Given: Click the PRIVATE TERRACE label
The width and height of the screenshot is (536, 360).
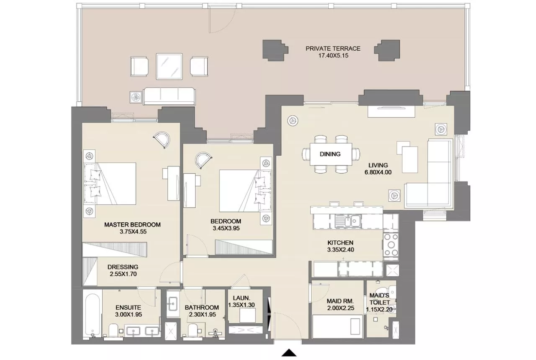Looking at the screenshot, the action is (333, 48).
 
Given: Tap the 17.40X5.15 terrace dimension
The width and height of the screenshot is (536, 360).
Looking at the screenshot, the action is (333, 56).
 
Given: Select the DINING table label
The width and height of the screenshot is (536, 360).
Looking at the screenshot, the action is (330, 154).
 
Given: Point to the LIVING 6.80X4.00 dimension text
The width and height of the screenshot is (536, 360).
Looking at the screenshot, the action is (378, 172).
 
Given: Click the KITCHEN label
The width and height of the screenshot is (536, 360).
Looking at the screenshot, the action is (340, 243).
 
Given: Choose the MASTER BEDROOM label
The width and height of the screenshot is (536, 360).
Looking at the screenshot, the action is (132, 224).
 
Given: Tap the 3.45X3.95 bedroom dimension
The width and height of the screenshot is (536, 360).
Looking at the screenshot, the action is (226, 228).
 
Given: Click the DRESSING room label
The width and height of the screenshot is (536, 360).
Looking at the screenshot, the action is (123, 267).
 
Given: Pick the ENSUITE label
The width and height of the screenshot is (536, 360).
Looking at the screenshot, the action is (128, 307).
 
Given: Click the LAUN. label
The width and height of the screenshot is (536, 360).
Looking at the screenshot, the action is (242, 298).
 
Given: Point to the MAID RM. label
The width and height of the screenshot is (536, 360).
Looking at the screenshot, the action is (340, 301).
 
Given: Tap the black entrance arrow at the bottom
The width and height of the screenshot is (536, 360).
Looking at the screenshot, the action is (289, 353).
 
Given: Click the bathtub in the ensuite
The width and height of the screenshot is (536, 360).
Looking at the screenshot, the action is (92, 315).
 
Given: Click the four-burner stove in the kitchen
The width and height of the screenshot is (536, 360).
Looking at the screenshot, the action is (391, 245).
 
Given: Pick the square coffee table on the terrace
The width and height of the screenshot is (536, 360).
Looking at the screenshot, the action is (169, 66).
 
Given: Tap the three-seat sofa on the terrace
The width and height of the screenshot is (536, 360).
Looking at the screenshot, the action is (169, 96).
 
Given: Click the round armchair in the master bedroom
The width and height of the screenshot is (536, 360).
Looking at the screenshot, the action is (162, 140).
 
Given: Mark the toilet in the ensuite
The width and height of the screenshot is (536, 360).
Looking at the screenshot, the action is (113, 331).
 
